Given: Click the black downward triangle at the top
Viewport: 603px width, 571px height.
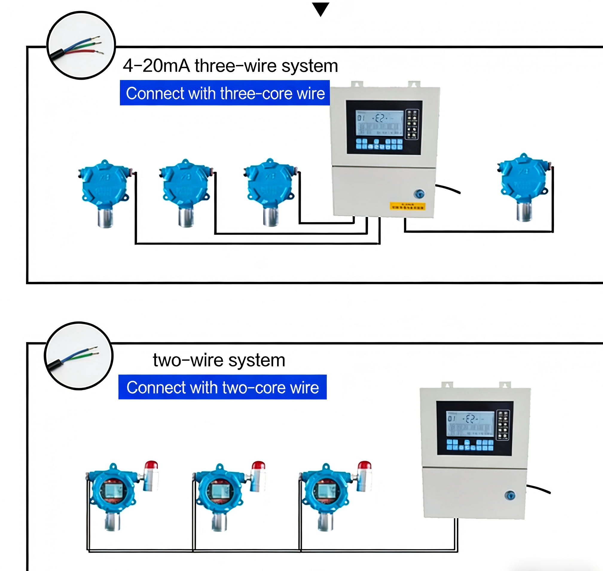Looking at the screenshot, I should pyautogui.click(x=320, y=9).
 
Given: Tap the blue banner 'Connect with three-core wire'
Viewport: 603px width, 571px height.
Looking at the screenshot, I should pyautogui.click(x=225, y=93).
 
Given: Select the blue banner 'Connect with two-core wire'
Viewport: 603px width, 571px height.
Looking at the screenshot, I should pyautogui.click(x=222, y=387).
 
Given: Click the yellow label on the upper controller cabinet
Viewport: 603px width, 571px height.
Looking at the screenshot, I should pyautogui.click(x=407, y=206).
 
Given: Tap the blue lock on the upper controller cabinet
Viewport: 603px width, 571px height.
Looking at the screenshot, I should pyautogui.click(x=419, y=194).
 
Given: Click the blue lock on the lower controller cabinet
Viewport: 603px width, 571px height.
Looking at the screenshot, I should pyautogui.click(x=510, y=495).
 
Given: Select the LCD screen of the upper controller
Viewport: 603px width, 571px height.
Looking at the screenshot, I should pyautogui.click(x=380, y=124).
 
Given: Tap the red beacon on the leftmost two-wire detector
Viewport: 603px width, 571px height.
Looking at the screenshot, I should pyautogui.click(x=151, y=465).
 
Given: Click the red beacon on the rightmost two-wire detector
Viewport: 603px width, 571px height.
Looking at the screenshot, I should pyautogui.click(x=364, y=465).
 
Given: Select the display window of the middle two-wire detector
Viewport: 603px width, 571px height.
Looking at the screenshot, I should pyautogui.click(x=220, y=491).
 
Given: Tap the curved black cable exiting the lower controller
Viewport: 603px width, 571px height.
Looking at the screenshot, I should pyautogui.click(x=538, y=489).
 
